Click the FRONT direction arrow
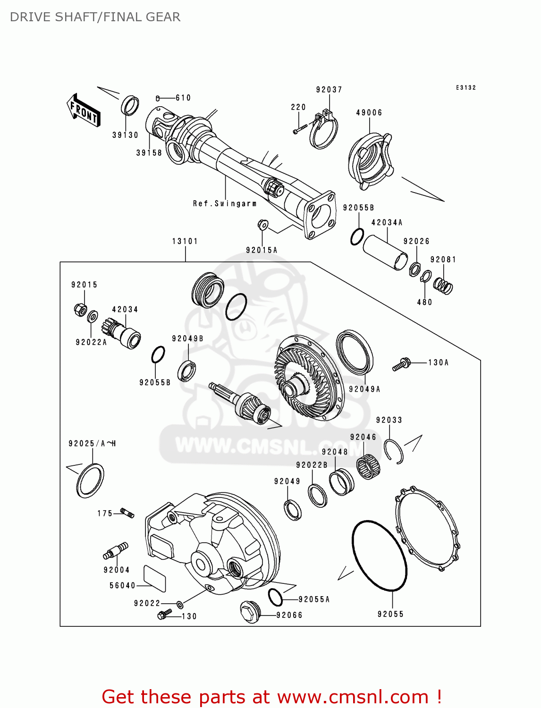point(84,110)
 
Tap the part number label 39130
point(125,135)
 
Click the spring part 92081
point(443,285)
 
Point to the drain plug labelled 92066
point(250,612)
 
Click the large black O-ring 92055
point(379,556)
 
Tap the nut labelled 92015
point(80,310)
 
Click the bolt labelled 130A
point(401,364)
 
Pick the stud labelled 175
point(127,513)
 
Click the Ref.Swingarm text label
point(225,203)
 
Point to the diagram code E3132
point(465,88)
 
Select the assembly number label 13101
point(185,241)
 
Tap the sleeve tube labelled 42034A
point(385,253)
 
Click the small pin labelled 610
point(158,98)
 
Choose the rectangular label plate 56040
point(155,578)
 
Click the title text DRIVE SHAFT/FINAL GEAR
point(95,17)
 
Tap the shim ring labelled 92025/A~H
point(90,480)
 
